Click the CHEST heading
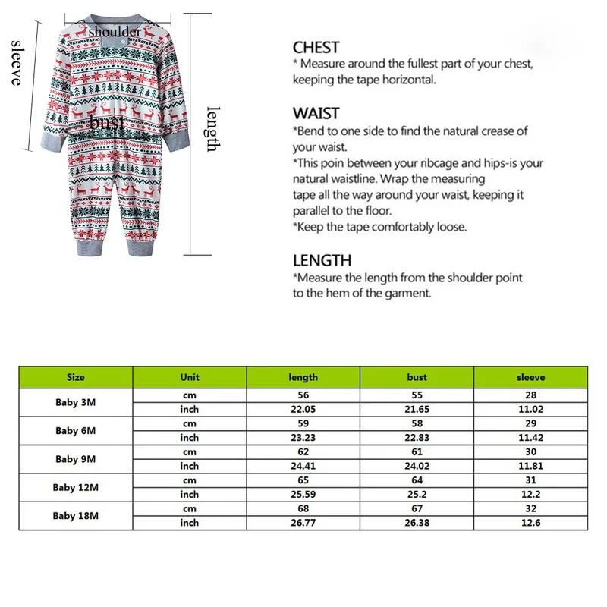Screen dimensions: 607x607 (x=316, y=47)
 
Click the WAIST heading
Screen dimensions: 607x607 (x=316, y=114)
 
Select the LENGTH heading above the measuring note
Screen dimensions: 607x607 (x=322, y=260)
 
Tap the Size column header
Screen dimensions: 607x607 (x=76, y=377)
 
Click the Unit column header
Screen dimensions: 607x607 (x=190, y=377)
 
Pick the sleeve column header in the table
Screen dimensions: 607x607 (x=530, y=377)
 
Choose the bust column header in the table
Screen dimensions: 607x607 (x=417, y=377)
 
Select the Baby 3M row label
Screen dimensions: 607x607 (x=76, y=402)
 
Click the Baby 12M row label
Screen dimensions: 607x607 (x=76, y=487)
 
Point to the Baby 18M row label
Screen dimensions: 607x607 (x=76, y=515)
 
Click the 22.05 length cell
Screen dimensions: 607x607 (x=303, y=410)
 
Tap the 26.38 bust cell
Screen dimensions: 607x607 (x=417, y=523)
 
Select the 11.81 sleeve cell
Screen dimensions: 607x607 (x=530, y=466)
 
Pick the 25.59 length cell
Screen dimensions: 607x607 (x=303, y=495)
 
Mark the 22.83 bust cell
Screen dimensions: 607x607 (x=417, y=438)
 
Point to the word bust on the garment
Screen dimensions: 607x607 (x=107, y=122)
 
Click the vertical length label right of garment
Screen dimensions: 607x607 (x=213, y=128)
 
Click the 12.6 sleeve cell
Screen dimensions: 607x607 (x=530, y=523)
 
